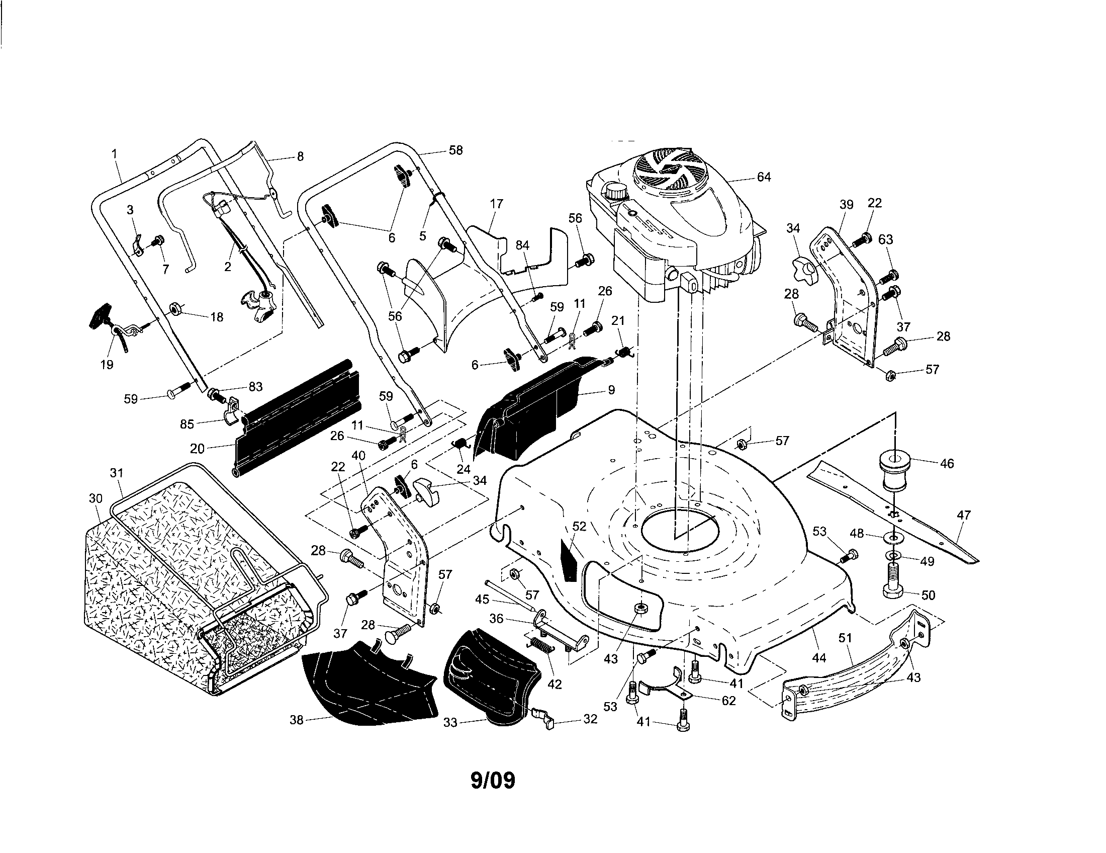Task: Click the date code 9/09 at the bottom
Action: pyautogui.click(x=493, y=780)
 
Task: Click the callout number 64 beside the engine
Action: pyautogui.click(x=764, y=177)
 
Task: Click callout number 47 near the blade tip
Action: pyautogui.click(x=964, y=515)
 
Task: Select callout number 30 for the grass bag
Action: pyautogui.click(x=96, y=498)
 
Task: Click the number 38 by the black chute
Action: pyautogui.click(x=296, y=719)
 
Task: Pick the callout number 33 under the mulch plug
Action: pyautogui.click(x=450, y=723)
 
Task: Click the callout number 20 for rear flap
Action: pyautogui.click(x=197, y=448)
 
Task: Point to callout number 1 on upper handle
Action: pyautogui.click(x=115, y=153)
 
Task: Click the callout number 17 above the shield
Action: pyautogui.click(x=497, y=204)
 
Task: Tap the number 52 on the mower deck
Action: pyautogui.click(x=579, y=526)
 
